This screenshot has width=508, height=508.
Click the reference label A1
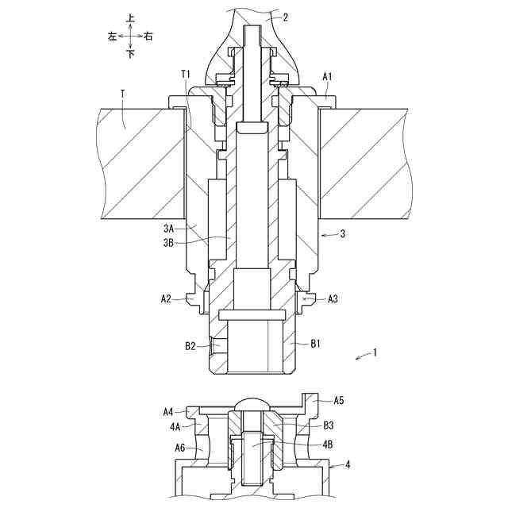point(328,77)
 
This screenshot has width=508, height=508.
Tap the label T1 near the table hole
point(186,74)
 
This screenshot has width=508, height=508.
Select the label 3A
point(169,229)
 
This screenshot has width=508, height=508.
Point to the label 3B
point(169,243)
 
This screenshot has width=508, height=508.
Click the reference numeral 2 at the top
point(286,17)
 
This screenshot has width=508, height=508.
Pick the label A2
point(166,298)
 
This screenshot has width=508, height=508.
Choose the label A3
point(333,298)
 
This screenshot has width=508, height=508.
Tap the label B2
point(190,346)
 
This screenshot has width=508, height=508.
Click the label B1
point(315,344)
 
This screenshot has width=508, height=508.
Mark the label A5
point(339,401)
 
